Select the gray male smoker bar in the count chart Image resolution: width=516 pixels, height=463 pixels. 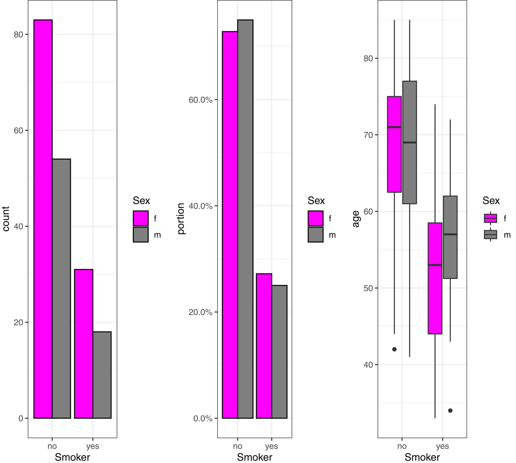[102, 375]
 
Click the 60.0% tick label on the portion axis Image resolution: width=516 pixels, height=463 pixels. [200, 100]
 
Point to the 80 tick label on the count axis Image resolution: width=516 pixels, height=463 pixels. [18, 35]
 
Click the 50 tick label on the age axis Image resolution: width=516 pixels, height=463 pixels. [368, 288]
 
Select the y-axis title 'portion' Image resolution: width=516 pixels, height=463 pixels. [181, 219]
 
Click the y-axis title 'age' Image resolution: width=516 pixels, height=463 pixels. [356, 219]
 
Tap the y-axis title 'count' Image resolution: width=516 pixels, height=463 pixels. [6, 219]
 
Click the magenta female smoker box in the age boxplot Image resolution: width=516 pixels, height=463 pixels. [435, 278]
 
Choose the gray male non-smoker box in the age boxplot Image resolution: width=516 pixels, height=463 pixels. [409, 142]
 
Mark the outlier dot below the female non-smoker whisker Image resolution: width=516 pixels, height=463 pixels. [394, 349]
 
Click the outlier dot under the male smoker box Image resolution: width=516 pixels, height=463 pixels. [450, 411]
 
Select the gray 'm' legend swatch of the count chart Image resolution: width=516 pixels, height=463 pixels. [141, 235]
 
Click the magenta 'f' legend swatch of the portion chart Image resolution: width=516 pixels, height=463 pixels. [315, 219]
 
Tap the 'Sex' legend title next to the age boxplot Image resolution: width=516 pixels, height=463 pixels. [491, 201]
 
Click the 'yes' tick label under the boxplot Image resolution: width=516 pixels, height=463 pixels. [442, 446]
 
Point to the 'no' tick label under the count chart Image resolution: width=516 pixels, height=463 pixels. [52, 446]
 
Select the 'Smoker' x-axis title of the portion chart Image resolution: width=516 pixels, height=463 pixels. [254, 457]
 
